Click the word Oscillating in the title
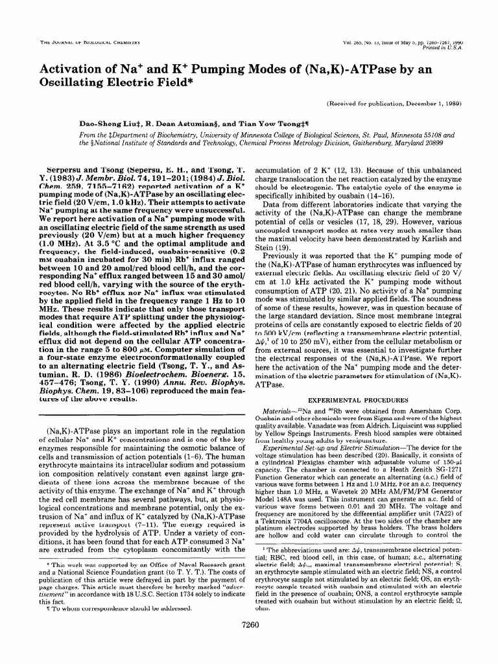75,83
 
